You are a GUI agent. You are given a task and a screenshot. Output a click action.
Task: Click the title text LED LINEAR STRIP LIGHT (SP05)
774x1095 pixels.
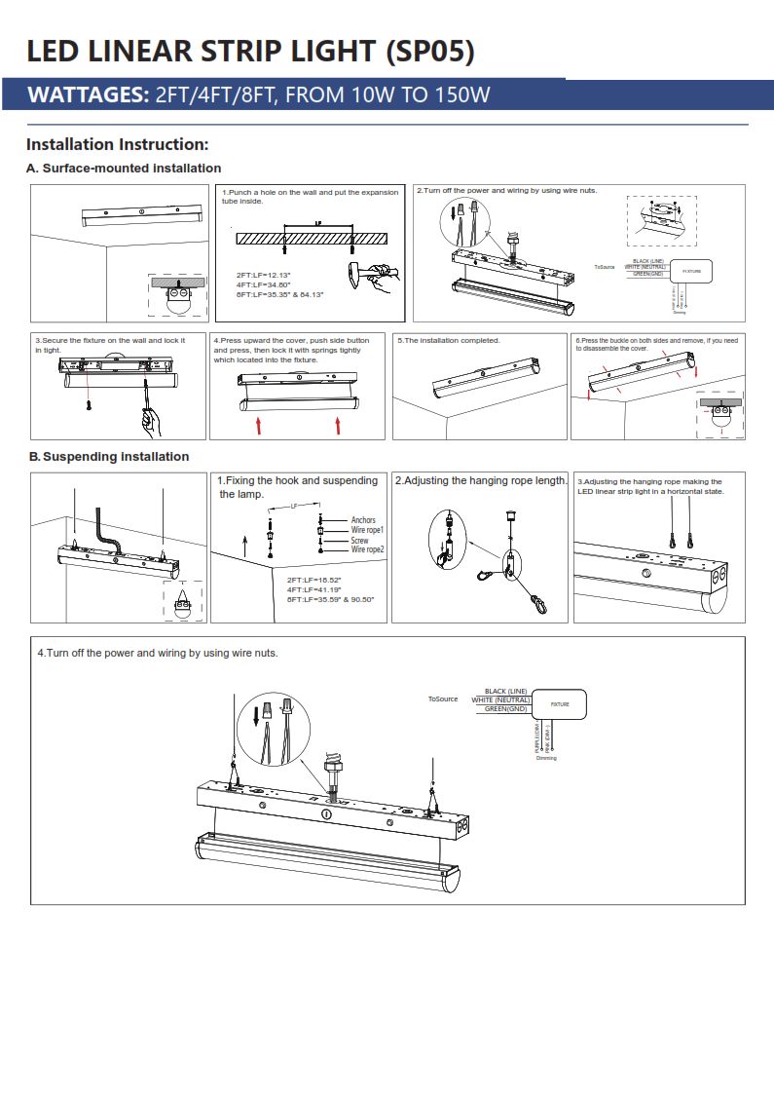tap(250, 51)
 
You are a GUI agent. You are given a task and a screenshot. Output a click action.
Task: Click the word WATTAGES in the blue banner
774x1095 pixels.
tap(86, 94)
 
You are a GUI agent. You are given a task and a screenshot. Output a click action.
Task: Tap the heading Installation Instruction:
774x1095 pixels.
tap(118, 145)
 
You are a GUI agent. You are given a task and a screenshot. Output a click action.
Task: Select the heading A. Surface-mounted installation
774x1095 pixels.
tap(124, 169)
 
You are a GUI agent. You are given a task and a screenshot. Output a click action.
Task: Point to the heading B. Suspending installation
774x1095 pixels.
tap(109, 456)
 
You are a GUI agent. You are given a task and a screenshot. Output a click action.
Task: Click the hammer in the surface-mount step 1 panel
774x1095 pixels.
tap(381, 276)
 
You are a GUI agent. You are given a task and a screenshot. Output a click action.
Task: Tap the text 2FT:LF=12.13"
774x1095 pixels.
tap(263, 275)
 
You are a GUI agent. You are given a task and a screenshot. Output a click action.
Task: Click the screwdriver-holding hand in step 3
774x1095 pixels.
tap(152, 422)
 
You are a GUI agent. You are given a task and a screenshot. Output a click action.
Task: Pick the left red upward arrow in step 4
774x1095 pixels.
tap(259, 425)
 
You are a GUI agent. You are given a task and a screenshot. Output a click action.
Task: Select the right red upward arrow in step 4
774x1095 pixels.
tap(338, 425)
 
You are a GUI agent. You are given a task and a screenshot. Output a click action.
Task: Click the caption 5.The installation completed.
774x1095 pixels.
tap(449, 340)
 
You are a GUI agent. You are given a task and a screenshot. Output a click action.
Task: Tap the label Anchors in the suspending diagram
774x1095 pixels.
tap(363, 520)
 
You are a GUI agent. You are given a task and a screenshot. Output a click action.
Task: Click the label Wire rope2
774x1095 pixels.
tap(368, 549)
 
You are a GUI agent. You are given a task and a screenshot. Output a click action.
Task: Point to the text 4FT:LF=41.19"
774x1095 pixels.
tap(313, 589)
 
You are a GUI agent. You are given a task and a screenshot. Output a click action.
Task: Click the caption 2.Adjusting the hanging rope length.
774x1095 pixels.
tap(481, 481)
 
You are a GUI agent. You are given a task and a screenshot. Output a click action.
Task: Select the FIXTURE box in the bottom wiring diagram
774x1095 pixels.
tap(560, 703)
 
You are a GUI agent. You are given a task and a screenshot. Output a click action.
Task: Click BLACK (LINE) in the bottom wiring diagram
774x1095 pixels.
tap(505, 691)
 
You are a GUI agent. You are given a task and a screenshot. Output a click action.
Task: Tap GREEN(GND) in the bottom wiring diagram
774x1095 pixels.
tap(506, 708)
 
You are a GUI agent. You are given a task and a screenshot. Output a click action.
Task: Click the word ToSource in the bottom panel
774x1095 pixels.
tap(443, 699)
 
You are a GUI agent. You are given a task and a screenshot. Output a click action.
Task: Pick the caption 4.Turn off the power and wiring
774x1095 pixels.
tap(157, 653)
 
